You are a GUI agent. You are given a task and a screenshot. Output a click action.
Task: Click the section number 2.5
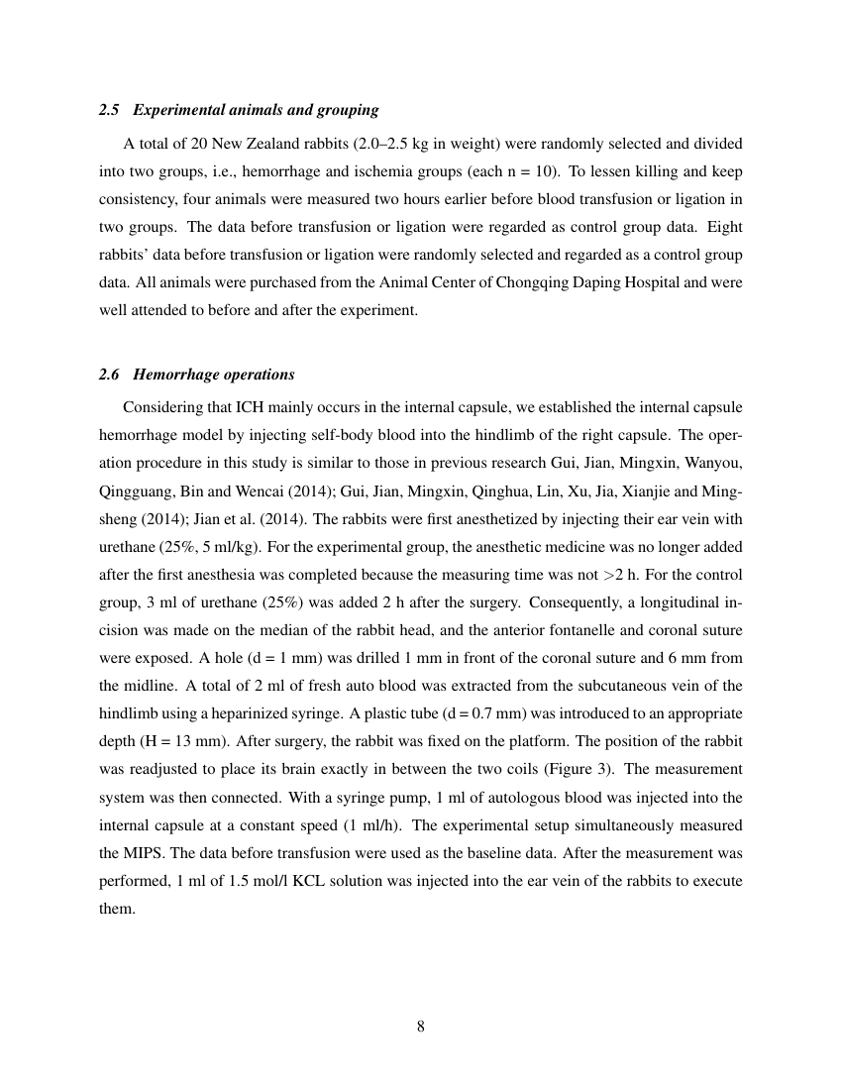(109, 109)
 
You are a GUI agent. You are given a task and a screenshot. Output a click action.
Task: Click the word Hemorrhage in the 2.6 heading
(172, 375)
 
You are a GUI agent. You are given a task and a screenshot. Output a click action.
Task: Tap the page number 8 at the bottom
(421, 1027)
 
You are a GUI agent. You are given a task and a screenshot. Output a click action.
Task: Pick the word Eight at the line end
(724, 226)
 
